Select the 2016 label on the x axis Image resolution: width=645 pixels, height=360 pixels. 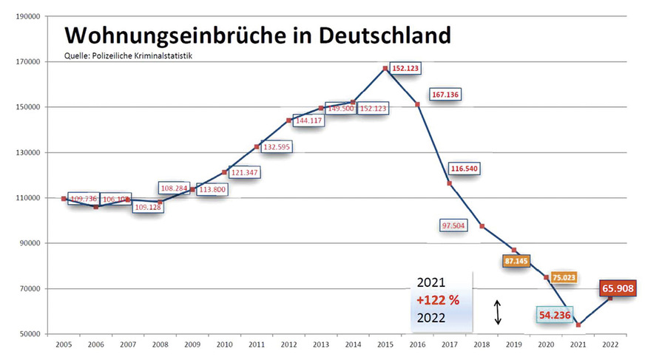(x=417, y=344)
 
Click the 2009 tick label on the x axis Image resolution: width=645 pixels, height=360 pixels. (x=192, y=344)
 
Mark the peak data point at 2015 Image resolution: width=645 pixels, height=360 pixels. (x=385, y=69)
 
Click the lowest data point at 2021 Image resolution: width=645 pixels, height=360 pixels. (x=578, y=325)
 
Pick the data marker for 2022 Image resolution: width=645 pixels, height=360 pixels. (x=610, y=298)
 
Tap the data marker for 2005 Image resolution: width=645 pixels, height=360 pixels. (x=64, y=199)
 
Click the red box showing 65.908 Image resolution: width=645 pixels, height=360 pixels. (x=618, y=288)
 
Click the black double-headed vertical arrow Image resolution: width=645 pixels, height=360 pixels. (x=498, y=311)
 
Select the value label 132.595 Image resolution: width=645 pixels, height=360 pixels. (x=277, y=146)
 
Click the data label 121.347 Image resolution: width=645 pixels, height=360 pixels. (x=243, y=172)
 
